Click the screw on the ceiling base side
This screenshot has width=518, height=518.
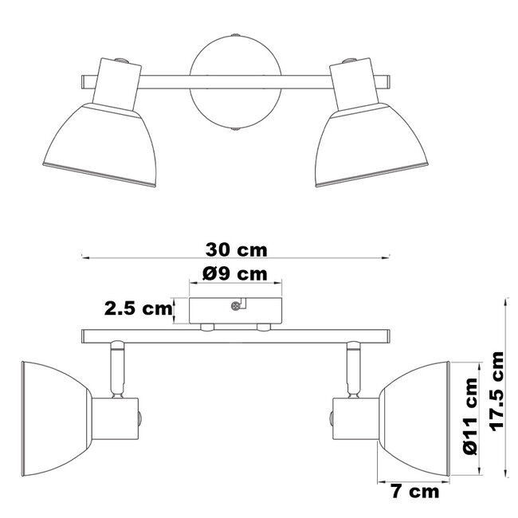[235, 306]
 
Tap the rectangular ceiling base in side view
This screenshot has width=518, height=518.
[235, 311]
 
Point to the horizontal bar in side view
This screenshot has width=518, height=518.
[235, 336]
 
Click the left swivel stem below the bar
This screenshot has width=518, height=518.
[116, 367]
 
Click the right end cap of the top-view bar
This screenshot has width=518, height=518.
[387, 80]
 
